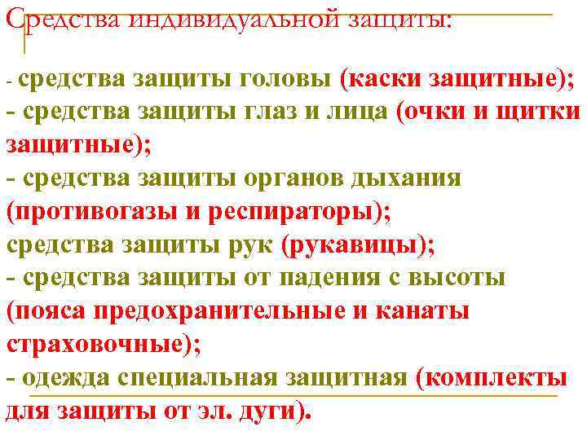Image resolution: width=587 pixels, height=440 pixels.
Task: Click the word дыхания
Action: pos(408,178)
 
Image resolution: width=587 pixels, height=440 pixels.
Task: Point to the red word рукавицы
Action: pos(355,244)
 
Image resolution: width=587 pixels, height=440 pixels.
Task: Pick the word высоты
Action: pos(461,278)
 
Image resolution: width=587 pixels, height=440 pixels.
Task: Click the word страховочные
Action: pos(98,344)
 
